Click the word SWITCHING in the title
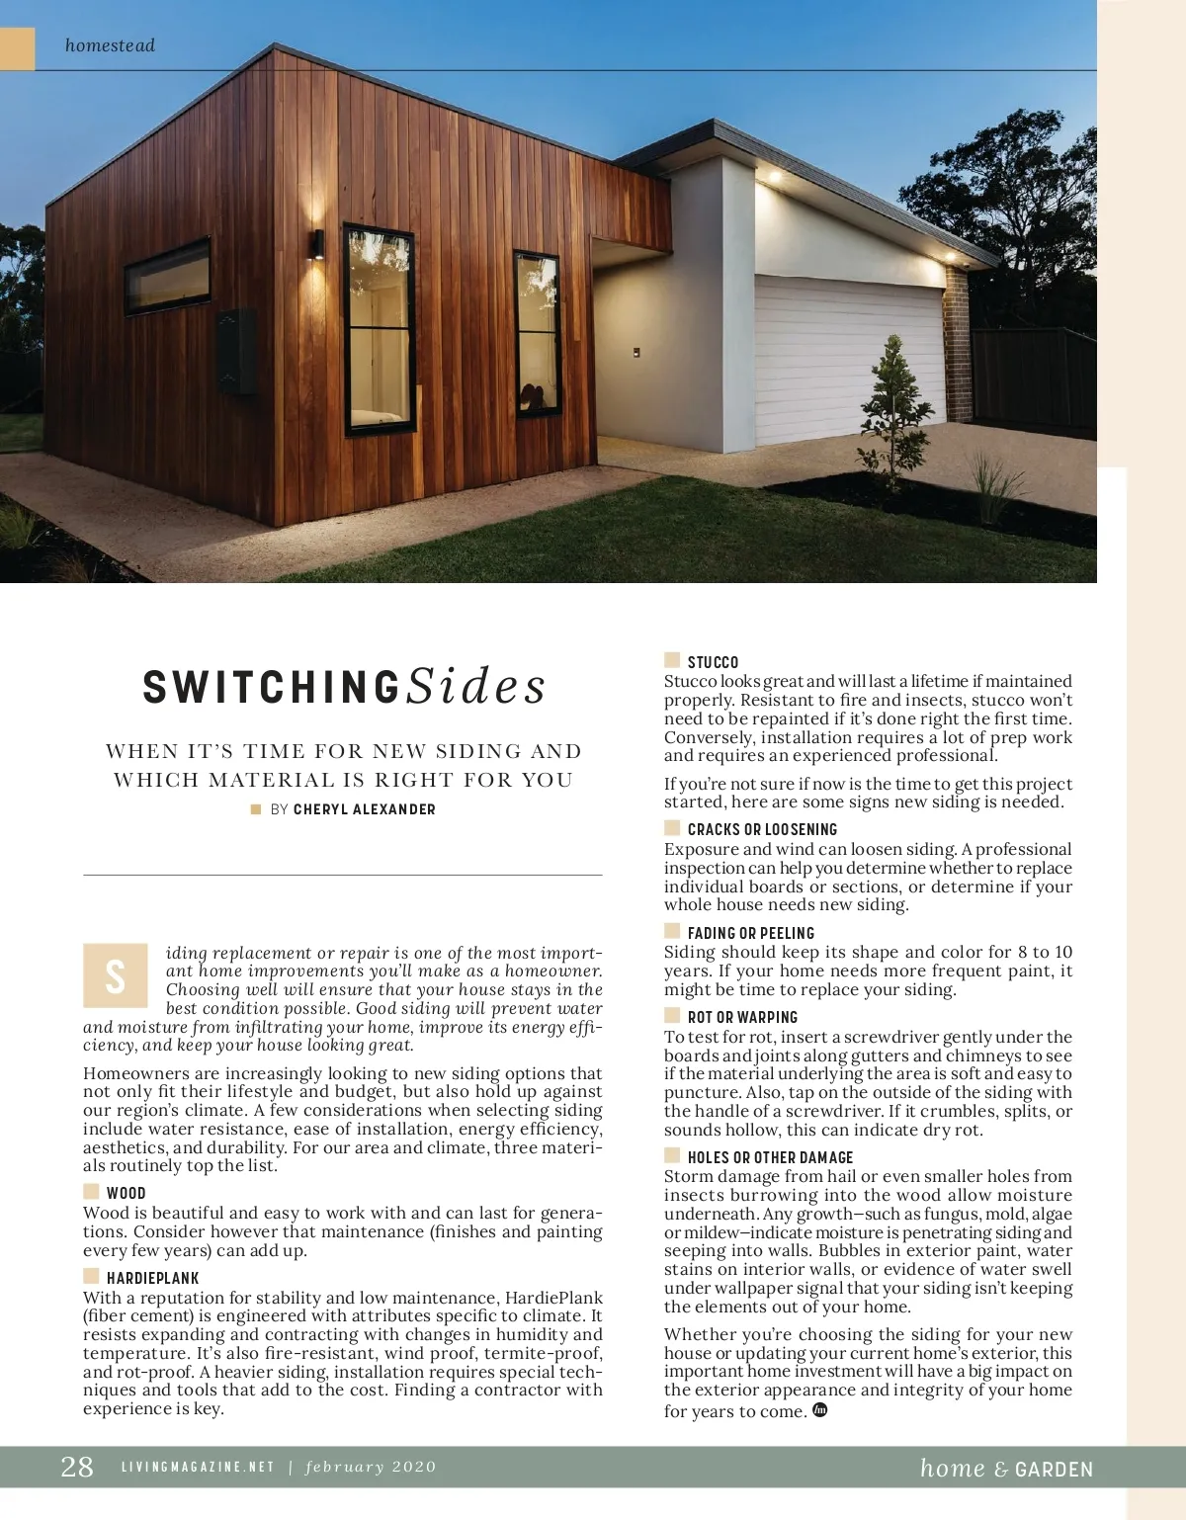(x=270, y=688)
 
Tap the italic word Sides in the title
(x=476, y=686)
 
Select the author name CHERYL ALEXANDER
(x=364, y=809)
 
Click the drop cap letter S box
(x=116, y=976)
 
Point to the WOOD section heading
(x=126, y=1193)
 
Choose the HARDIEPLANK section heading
(x=152, y=1278)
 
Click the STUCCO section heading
(x=713, y=662)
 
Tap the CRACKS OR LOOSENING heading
(x=762, y=829)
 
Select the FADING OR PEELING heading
(x=750, y=933)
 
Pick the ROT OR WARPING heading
(x=742, y=1017)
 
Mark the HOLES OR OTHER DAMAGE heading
(x=770, y=1157)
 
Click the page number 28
(x=77, y=1467)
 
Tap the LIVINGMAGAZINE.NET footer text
(x=198, y=1468)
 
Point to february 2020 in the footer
(x=371, y=1468)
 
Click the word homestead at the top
(x=110, y=45)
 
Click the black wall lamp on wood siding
(x=317, y=244)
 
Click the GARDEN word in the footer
(x=1054, y=1470)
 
